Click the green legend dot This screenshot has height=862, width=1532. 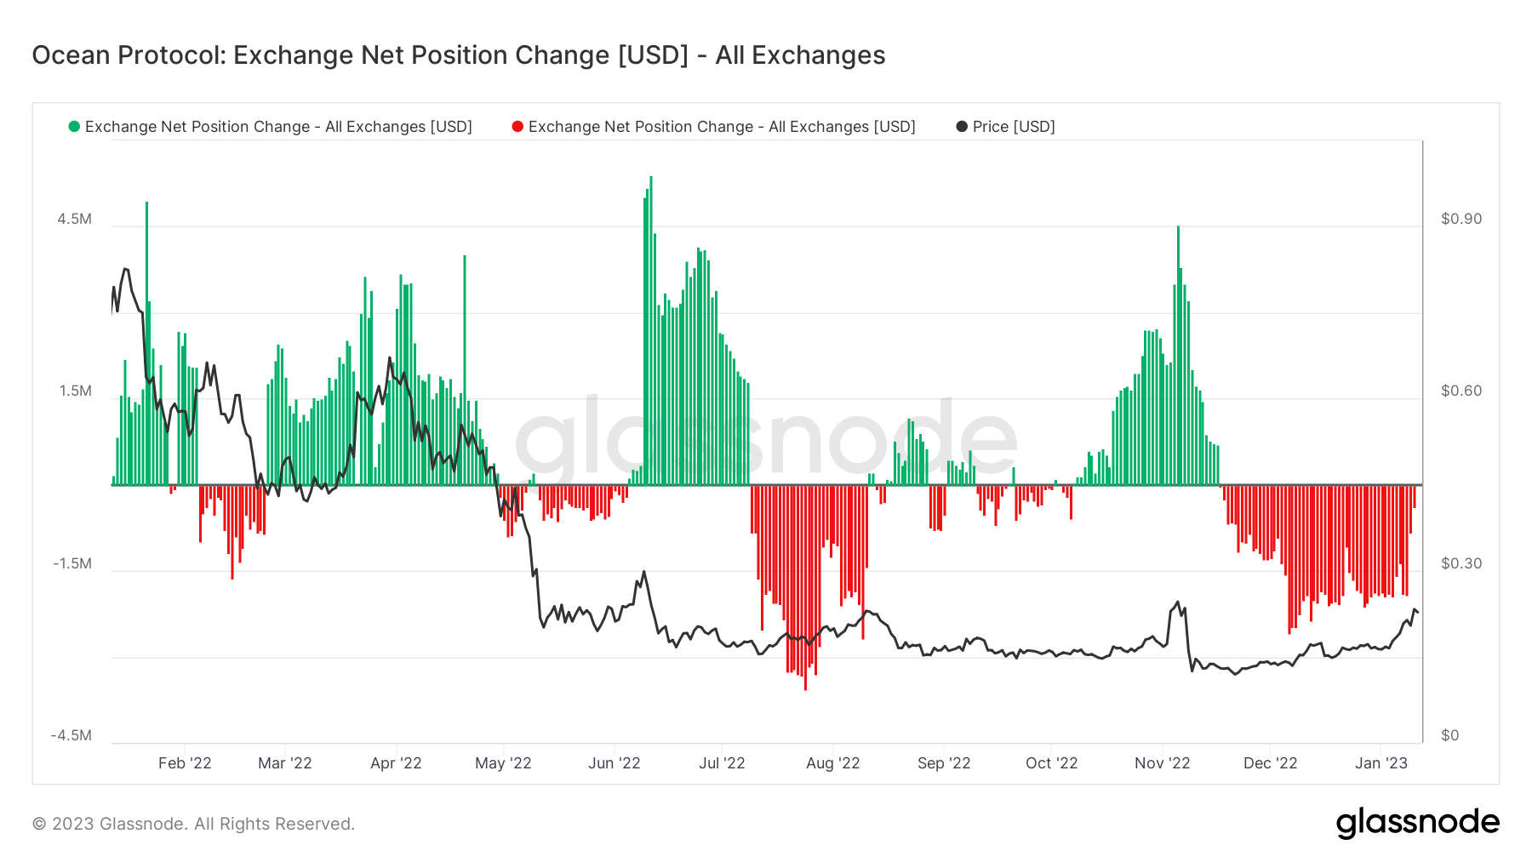(x=74, y=127)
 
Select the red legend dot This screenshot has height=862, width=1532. (x=517, y=127)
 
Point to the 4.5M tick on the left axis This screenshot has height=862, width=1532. (x=75, y=219)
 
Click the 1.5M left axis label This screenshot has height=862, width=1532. (x=75, y=391)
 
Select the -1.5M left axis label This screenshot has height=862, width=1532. (x=72, y=563)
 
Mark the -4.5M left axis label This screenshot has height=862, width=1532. (x=71, y=735)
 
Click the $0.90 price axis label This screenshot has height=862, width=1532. (x=1461, y=219)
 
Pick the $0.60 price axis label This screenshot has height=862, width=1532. (x=1461, y=391)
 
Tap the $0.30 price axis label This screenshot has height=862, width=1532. (x=1461, y=563)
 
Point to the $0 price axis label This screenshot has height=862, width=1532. (x=1449, y=735)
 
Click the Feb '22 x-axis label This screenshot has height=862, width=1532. (x=185, y=763)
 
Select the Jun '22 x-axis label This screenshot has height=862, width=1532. (x=614, y=763)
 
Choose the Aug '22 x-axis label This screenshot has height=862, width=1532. (x=832, y=763)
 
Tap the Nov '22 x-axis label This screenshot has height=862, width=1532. (x=1162, y=763)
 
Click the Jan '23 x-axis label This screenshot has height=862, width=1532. (x=1381, y=763)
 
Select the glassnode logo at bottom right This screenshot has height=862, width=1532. (x=1417, y=823)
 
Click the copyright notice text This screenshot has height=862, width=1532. (x=193, y=824)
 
